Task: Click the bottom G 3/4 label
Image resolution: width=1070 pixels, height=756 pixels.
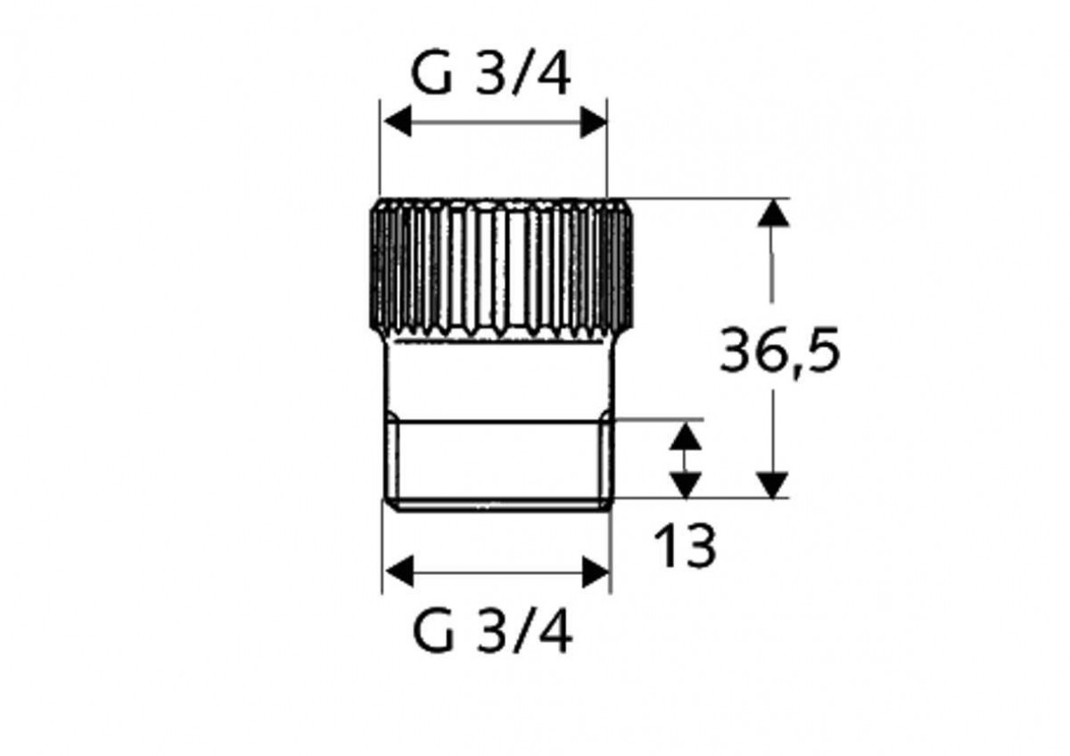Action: [492, 632]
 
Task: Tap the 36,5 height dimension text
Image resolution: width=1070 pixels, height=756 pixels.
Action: [779, 351]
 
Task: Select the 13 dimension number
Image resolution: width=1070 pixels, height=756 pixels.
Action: [685, 546]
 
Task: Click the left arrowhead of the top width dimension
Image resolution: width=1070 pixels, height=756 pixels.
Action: [398, 121]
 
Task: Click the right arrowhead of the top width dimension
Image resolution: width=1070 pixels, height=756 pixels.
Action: [593, 122]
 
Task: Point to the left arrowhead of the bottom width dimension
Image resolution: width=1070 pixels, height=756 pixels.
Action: [399, 571]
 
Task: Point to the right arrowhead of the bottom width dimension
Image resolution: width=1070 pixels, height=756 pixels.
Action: [596, 571]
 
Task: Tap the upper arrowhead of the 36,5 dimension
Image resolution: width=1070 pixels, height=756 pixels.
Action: [773, 213]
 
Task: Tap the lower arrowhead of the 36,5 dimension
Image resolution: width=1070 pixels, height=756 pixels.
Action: [772, 484]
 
